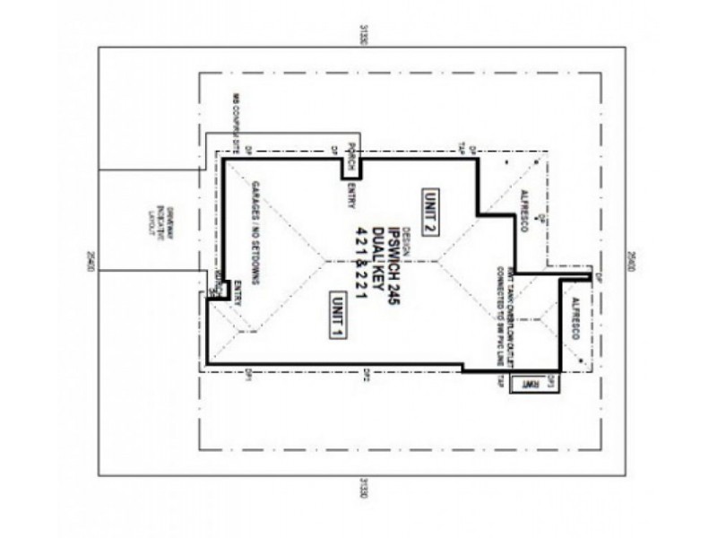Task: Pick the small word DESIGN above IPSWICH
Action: (404, 241)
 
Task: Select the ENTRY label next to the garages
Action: (238, 297)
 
